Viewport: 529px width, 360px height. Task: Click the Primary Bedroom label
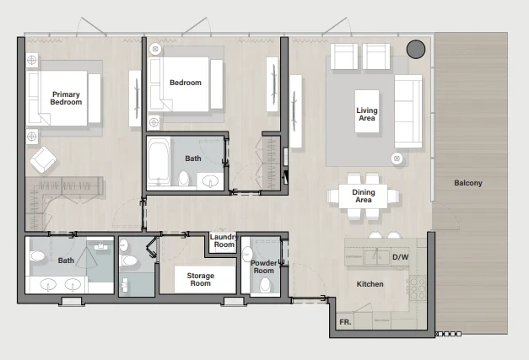[66, 98]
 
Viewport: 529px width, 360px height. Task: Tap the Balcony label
[468, 183]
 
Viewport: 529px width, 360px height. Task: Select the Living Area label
[367, 114]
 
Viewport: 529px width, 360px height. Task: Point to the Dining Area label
[364, 196]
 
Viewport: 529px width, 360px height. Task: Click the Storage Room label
[201, 279]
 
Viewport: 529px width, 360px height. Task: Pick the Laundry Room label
[224, 240]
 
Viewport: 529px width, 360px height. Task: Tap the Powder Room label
[264, 266]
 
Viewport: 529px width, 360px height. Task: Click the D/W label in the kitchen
[401, 257]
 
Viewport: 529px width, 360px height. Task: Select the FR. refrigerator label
[345, 322]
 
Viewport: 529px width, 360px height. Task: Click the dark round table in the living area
[416, 49]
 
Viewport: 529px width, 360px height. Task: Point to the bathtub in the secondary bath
[159, 162]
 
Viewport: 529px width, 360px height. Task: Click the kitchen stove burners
[418, 287]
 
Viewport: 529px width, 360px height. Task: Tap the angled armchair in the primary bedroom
[44, 160]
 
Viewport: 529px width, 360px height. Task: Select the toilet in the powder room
[266, 285]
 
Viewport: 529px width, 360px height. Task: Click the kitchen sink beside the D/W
[377, 257]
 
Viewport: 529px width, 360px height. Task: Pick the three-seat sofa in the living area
[408, 111]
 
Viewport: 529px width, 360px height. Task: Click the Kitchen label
[370, 284]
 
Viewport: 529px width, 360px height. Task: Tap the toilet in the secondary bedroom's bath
[184, 178]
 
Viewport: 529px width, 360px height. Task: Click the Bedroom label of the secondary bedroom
[186, 83]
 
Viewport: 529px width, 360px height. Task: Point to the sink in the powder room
[247, 254]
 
